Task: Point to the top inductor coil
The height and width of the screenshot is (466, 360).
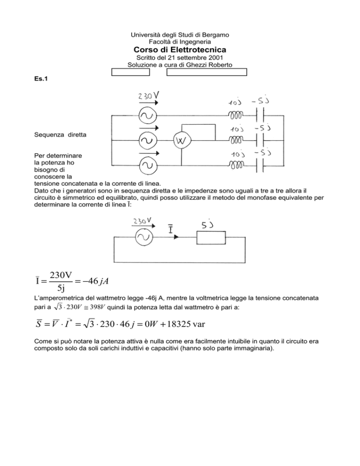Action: point(235,115)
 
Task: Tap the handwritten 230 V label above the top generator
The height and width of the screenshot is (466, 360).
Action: point(148,96)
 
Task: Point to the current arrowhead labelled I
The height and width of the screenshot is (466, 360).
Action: point(176,237)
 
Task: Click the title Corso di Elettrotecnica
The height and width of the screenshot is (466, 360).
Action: point(180,49)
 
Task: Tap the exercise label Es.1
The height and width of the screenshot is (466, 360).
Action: point(41,79)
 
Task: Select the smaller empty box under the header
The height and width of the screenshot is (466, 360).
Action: point(130,72)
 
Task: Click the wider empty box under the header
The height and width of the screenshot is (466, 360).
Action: point(207,72)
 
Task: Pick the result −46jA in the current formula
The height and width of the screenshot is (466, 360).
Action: point(96,281)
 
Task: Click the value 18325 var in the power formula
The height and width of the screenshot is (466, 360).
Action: point(186,323)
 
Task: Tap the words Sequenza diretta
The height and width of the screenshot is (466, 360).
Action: point(60,135)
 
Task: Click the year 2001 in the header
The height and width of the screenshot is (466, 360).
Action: point(216,57)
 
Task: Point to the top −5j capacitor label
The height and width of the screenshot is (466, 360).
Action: point(260,101)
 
